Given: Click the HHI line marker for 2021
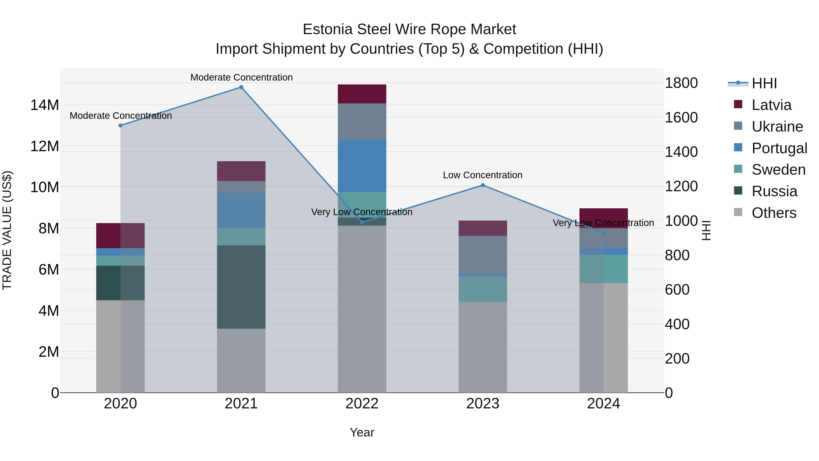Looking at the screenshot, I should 241,87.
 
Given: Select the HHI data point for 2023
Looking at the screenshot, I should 483,185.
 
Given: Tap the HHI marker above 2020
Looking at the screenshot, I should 121,126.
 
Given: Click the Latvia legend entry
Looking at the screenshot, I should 771,105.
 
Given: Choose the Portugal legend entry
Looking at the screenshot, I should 779,148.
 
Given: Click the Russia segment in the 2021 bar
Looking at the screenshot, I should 241,287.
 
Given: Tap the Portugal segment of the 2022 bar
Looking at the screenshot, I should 362,166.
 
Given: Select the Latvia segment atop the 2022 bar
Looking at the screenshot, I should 362,94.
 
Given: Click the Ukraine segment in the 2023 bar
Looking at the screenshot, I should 483,254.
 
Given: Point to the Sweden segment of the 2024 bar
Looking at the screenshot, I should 603,269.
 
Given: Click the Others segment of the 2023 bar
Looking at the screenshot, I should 483,347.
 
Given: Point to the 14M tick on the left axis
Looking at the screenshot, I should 45,105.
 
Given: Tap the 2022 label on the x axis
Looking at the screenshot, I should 362,404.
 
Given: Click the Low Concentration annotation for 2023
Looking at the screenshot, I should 483,175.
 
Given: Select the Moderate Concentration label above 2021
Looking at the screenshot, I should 241,77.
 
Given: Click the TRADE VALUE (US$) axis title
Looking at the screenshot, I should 7,230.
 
